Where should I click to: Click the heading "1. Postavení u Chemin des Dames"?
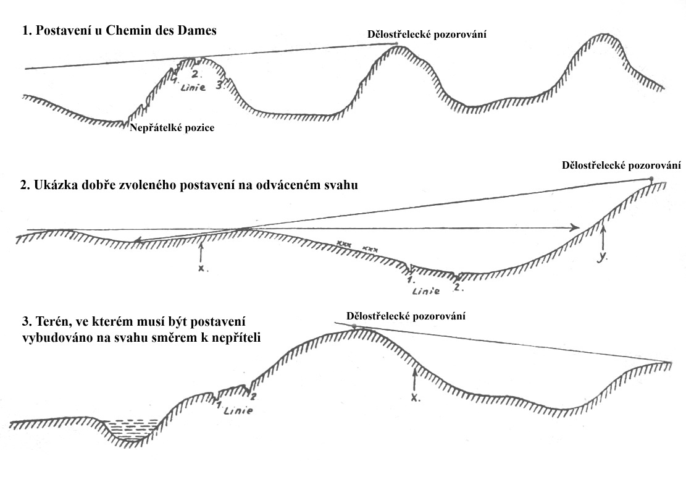(x=119, y=30)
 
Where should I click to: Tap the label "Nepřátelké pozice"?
(x=172, y=128)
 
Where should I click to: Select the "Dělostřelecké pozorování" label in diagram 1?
(x=427, y=34)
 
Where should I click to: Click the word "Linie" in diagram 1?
(x=193, y=87)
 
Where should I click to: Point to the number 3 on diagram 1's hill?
(x=219, y=85)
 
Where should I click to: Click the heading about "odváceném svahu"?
(x=189, y=185)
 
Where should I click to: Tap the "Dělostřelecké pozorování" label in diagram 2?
(x=621, y=165)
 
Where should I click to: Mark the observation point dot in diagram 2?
(x=651, y=179)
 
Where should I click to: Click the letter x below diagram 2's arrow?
(x=201, y=268)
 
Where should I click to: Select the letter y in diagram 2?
(x=603, y=258)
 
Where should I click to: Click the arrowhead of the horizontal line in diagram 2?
(x=574, y=227)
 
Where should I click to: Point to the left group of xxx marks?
(x=344, y=242)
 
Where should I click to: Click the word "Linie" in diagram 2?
(x=425, y=290)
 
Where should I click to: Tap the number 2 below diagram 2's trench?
(x=457, y=287)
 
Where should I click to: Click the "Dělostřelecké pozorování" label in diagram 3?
(x=406, y=316)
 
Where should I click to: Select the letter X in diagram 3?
(x=416, y=397)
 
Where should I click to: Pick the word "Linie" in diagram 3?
(x=238, y=411)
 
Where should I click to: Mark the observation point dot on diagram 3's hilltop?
(x=354, y=327)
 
